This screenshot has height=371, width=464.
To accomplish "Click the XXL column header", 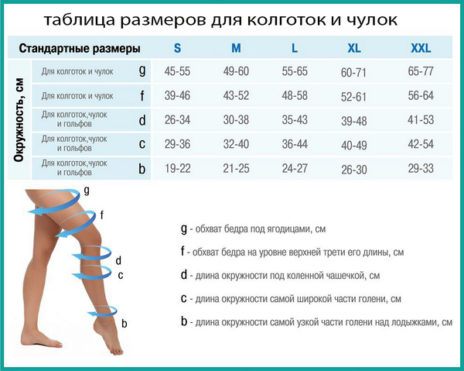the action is (421, 48).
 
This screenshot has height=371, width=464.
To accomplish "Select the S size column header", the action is (177, 48).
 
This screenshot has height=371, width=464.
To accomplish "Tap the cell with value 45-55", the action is (177, 71).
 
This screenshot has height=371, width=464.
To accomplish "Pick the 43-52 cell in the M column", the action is (236, 96).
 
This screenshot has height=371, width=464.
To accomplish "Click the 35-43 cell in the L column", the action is (295, 120).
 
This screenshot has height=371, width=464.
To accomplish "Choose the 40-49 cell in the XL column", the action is (354, 146).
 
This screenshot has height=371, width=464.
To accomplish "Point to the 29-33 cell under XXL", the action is (421, 169).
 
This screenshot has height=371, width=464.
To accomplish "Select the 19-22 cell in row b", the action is (178, 169).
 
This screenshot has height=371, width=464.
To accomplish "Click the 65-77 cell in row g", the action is (421, 71).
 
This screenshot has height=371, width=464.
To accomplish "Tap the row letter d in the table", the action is (142, 120).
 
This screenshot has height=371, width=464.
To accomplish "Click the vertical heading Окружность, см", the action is (19, 120).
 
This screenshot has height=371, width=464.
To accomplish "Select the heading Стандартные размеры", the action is (80, 48).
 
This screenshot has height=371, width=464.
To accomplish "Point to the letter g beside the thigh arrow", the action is (87, 191).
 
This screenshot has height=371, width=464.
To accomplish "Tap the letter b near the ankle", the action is (125, 323).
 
